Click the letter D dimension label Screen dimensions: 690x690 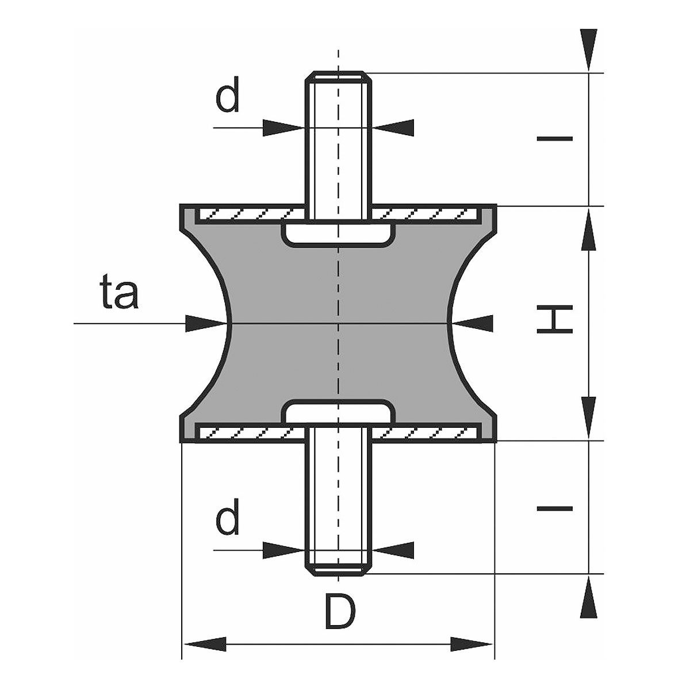[x=340, y=612]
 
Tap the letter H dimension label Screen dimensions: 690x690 [x=554, y=321]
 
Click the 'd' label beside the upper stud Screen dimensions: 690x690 [x=227, y=98]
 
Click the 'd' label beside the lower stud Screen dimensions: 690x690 [x=227, y=520]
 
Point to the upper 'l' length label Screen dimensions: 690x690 [x=554, y=139]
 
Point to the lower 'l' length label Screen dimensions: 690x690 [x=554, y=508]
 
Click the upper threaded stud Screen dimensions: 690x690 [x=338, y=144]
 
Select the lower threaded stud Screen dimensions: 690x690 [x=338, y=500]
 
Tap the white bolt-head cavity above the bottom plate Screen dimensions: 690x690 [x=338, y=412]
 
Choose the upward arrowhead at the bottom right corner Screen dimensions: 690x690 [x=588, y=598]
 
